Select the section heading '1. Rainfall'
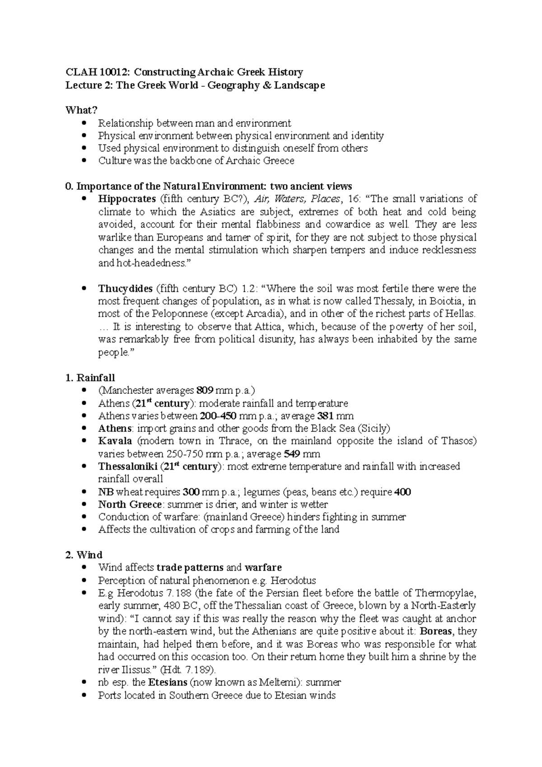(x=90, y=378)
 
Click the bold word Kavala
(x=115, y=441)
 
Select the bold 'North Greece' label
(x=130, y=504)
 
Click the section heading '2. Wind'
(x=84, y=555)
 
